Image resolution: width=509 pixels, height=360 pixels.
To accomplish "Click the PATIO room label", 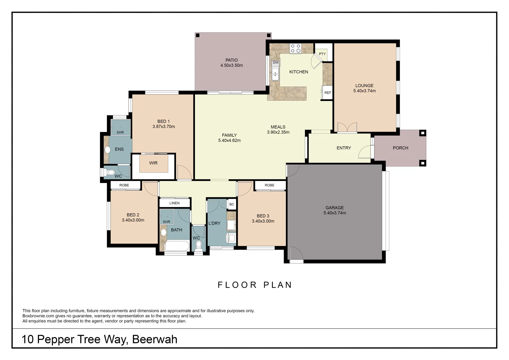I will tap(231, 60).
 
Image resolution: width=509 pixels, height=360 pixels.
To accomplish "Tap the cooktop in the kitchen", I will tap(295, 49).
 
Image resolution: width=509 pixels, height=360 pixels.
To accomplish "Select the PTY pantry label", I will tap(322, 54).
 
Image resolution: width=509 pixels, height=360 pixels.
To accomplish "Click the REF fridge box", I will tap(327, 93).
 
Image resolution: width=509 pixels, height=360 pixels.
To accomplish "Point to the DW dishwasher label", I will tap(276, 63).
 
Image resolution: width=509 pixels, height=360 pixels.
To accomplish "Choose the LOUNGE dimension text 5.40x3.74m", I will tap(364, 91).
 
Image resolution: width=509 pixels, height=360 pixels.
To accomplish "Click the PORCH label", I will tap(400, 148).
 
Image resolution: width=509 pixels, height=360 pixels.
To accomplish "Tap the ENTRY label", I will tap(344, 148).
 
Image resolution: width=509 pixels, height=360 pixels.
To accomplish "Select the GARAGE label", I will tap(334, 208).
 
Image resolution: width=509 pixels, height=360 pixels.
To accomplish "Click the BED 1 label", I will tap(163, 121).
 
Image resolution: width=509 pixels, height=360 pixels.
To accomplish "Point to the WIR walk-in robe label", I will tap(153, 163).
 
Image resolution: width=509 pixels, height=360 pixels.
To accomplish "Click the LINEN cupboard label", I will tap(174, 203).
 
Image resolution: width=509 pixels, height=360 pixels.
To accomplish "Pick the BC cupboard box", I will tap(232, 204).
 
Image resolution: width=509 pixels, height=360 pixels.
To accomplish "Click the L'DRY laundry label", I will tap(214, 223).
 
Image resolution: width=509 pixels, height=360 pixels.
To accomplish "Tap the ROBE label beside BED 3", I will tap(269, 185).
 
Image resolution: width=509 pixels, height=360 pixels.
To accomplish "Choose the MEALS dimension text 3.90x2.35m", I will tap(278, 132).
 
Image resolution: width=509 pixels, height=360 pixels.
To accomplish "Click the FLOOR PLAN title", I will tap(255, 285).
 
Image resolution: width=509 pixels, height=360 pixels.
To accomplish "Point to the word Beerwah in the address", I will tap(155, 339).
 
